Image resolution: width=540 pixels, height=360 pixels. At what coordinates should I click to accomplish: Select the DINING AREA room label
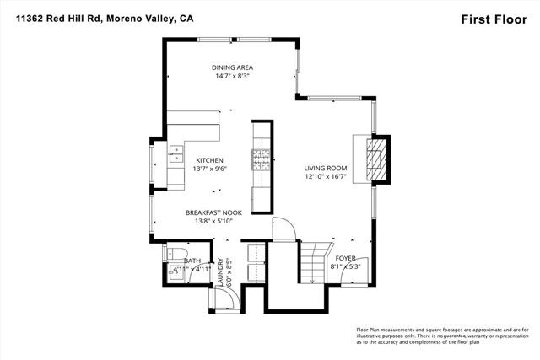pyautogui.click(x=232, y=67)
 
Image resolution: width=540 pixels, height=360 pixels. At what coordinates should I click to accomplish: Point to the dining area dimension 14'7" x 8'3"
pyautogui.click(x=232, y=76)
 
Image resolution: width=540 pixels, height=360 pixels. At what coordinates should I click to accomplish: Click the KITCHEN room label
pyautogui.click(x=209, y=159)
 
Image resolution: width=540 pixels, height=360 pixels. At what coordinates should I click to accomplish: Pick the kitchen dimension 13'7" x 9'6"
pyautogui.click(x=209, y=169)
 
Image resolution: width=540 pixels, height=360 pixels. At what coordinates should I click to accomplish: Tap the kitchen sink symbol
pyautogui.click(x=177, y=153)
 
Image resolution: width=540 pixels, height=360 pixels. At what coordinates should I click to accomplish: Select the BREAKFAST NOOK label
pyautogui.click(x=213, y=212)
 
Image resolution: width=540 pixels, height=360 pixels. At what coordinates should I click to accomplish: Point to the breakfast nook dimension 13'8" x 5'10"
pyautogui.click(x=213, y=222)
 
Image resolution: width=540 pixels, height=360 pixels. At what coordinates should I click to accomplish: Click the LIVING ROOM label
pyautogui.click(x=326, y=168)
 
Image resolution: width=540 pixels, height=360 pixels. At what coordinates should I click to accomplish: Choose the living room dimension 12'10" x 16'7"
pyautogui.click(x=326, y=177)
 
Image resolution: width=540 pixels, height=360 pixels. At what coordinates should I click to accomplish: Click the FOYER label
pyautogui.click(x=346, y=257)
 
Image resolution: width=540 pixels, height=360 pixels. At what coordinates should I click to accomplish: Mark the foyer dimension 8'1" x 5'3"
pyautogui.click(x=346, y=266)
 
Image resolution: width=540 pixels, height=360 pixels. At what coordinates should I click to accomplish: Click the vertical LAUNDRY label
pyautogui.click(x=220, y=272)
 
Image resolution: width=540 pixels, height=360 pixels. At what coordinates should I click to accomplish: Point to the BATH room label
pyautogui.click(x=192, y=261)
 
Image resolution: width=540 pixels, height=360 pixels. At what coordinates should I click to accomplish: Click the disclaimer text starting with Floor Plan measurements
pyautogui.click(x=439, y=335)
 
